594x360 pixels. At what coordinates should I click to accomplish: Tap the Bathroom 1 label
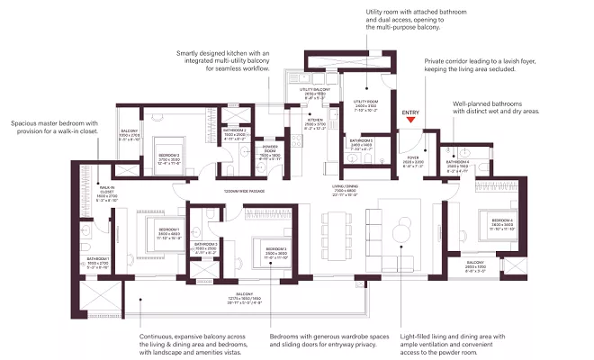point(97,262)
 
